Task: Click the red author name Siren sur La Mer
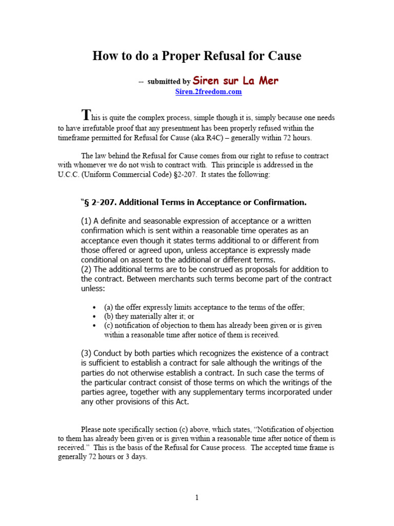tap(235, 81)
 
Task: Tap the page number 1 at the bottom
tap(196, 497)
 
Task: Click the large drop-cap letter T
tap(87, 115)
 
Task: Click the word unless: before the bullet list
tap(93, 289)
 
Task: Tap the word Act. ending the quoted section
tap(181, 402)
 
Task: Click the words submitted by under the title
tap(168, 82)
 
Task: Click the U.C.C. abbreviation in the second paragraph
tap(70, 175)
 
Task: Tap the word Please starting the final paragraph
tap(93, 429)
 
